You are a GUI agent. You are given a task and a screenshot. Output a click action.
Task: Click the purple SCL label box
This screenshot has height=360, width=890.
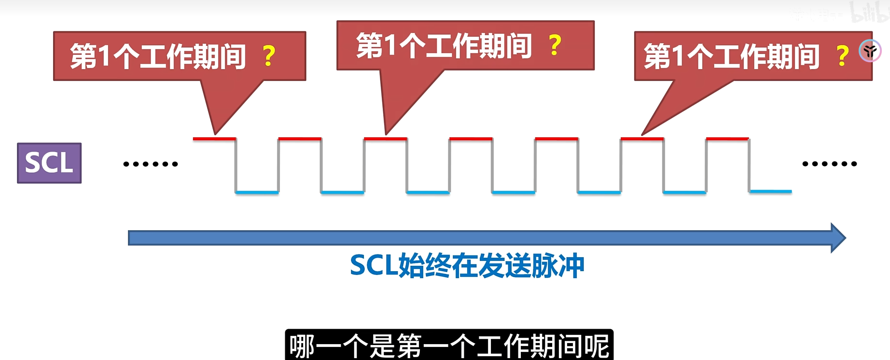(49, 163)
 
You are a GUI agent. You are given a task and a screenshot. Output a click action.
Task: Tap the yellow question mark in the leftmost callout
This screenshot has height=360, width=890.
(269, 56)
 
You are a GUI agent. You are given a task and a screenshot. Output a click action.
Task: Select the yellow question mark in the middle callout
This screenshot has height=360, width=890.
(555, 46)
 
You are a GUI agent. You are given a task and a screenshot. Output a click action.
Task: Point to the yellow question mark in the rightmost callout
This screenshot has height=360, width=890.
(842, 56)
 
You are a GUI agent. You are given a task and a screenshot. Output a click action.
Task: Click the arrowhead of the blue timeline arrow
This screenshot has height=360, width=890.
(838, 238)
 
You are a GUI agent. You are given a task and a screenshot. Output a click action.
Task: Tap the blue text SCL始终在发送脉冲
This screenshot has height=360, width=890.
(467, 265)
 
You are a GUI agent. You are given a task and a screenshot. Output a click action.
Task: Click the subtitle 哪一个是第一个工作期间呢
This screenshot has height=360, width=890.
(449, 346)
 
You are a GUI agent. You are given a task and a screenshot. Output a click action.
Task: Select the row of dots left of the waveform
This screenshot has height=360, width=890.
(151, 164)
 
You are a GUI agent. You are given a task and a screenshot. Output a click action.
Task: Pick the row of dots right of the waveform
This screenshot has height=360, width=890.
(829, 164)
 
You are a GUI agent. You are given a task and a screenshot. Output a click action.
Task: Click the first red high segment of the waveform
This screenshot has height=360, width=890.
(214, 139)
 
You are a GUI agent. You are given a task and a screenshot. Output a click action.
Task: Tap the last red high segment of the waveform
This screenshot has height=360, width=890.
(727, 139)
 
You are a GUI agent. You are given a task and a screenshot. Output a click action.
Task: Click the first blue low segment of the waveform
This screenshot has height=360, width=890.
(257, 192)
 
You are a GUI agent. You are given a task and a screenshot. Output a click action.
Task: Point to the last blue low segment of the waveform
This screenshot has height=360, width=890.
(770, 192)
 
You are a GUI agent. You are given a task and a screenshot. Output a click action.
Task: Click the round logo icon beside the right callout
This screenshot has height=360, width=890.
(870, 51)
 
